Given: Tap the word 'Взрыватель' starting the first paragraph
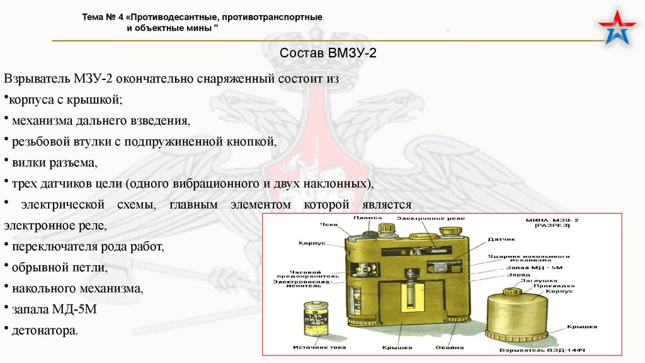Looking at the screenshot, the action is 37,80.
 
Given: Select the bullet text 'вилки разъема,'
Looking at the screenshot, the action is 54,163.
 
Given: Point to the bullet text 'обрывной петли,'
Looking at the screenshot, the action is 60,267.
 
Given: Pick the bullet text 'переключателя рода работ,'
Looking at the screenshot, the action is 87,246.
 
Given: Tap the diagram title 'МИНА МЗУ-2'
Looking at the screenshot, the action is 547,221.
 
